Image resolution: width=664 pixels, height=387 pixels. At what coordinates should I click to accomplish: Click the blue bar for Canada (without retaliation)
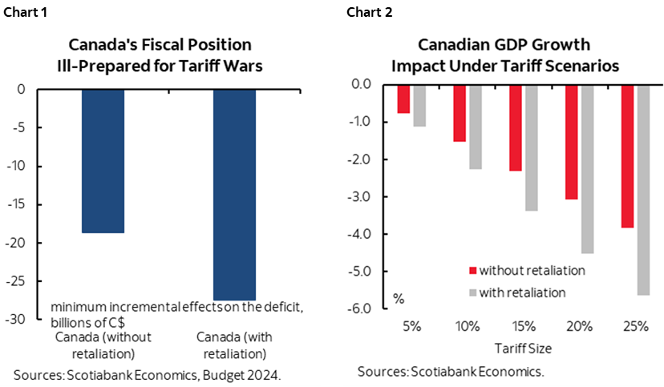point(103,160)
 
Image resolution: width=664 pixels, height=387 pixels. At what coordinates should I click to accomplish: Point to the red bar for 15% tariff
point(515,127)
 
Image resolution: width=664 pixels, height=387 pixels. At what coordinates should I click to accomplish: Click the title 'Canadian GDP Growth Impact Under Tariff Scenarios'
point(504,56)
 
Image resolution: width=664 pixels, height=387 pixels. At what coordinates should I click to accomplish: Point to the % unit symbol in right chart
point(398,299)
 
